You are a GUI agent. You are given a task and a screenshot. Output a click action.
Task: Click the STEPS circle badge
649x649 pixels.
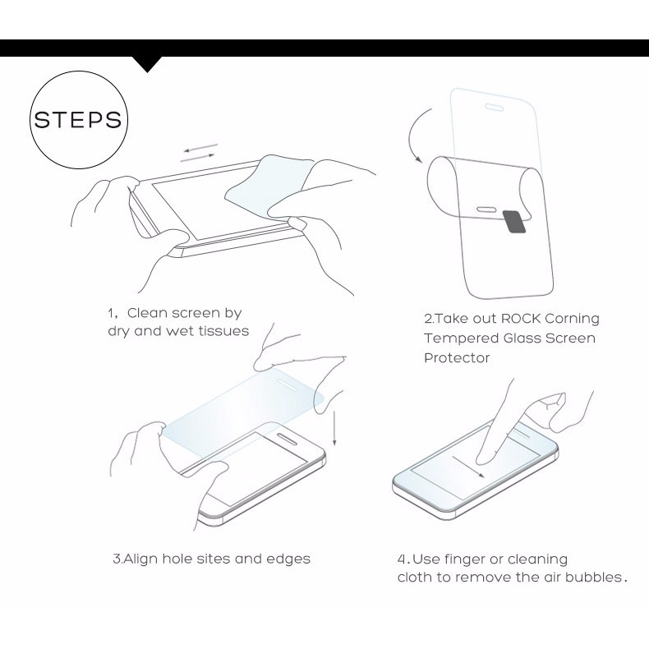tap(76, 120)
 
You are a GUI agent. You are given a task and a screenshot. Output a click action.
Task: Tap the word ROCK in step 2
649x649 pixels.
tap(521, 319)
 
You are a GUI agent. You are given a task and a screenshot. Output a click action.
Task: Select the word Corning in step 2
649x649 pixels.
tap(573, 319)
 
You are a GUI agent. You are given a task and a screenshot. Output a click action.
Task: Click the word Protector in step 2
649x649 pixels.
tap(457, 358)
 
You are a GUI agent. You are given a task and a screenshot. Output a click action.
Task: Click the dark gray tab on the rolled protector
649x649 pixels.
tap(514, 220)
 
